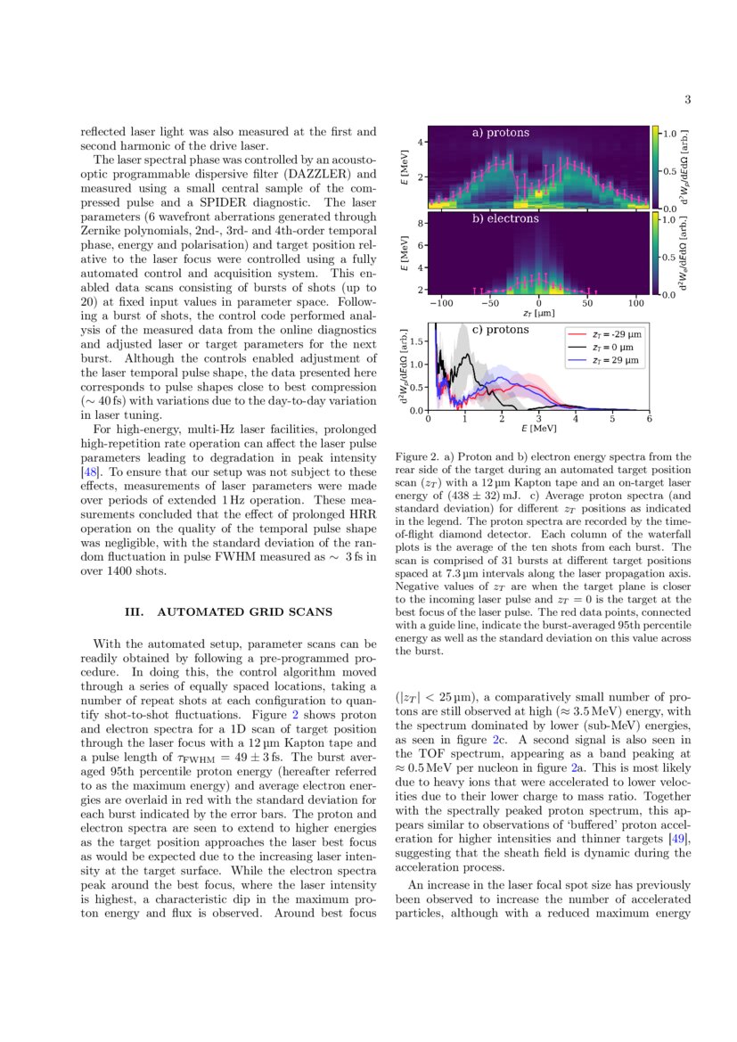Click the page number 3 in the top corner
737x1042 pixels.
[x=688, y=100]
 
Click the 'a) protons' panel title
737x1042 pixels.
[x=500, y=133]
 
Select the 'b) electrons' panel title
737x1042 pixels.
[x=505, y=218]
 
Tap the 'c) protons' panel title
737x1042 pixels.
[x=500, y=330]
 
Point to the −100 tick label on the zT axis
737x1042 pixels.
[x=440, y=303]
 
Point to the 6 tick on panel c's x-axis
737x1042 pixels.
[x=649, y=419]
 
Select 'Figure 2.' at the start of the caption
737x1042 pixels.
[x=415, y=457]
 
